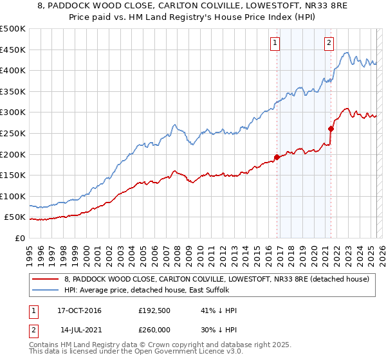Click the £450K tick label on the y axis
[x=12, y=49]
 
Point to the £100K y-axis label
[x=12, y=196]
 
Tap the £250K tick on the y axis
[x=12, y=133]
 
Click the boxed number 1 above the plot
[x=275, y=43]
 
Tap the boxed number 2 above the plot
[x=329, y=43]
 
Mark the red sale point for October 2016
[x=277, y=157]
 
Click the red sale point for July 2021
[x=331, y=129]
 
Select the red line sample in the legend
[x=46, y=279]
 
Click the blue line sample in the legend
[x=46, y=290]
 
